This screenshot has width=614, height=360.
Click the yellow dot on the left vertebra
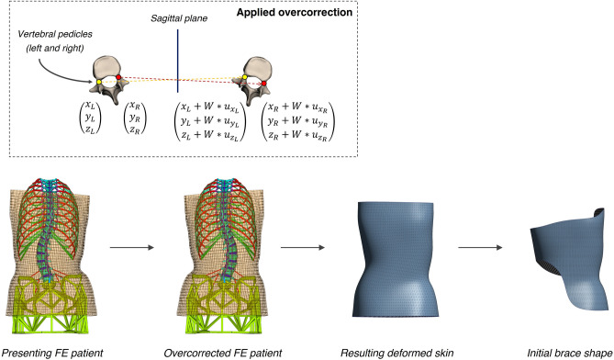tap(99, 83)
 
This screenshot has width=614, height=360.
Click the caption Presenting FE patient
tap(50, 351)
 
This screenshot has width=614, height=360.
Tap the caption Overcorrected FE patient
tap(216, 351)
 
